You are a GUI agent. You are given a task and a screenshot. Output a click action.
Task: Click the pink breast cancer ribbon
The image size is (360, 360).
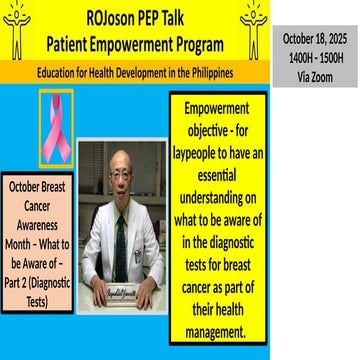coord(55,126)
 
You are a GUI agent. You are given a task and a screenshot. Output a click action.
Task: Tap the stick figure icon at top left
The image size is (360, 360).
coord(17,28)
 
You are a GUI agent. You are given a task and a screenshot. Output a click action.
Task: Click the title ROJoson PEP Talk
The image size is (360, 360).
coord(136,16)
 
